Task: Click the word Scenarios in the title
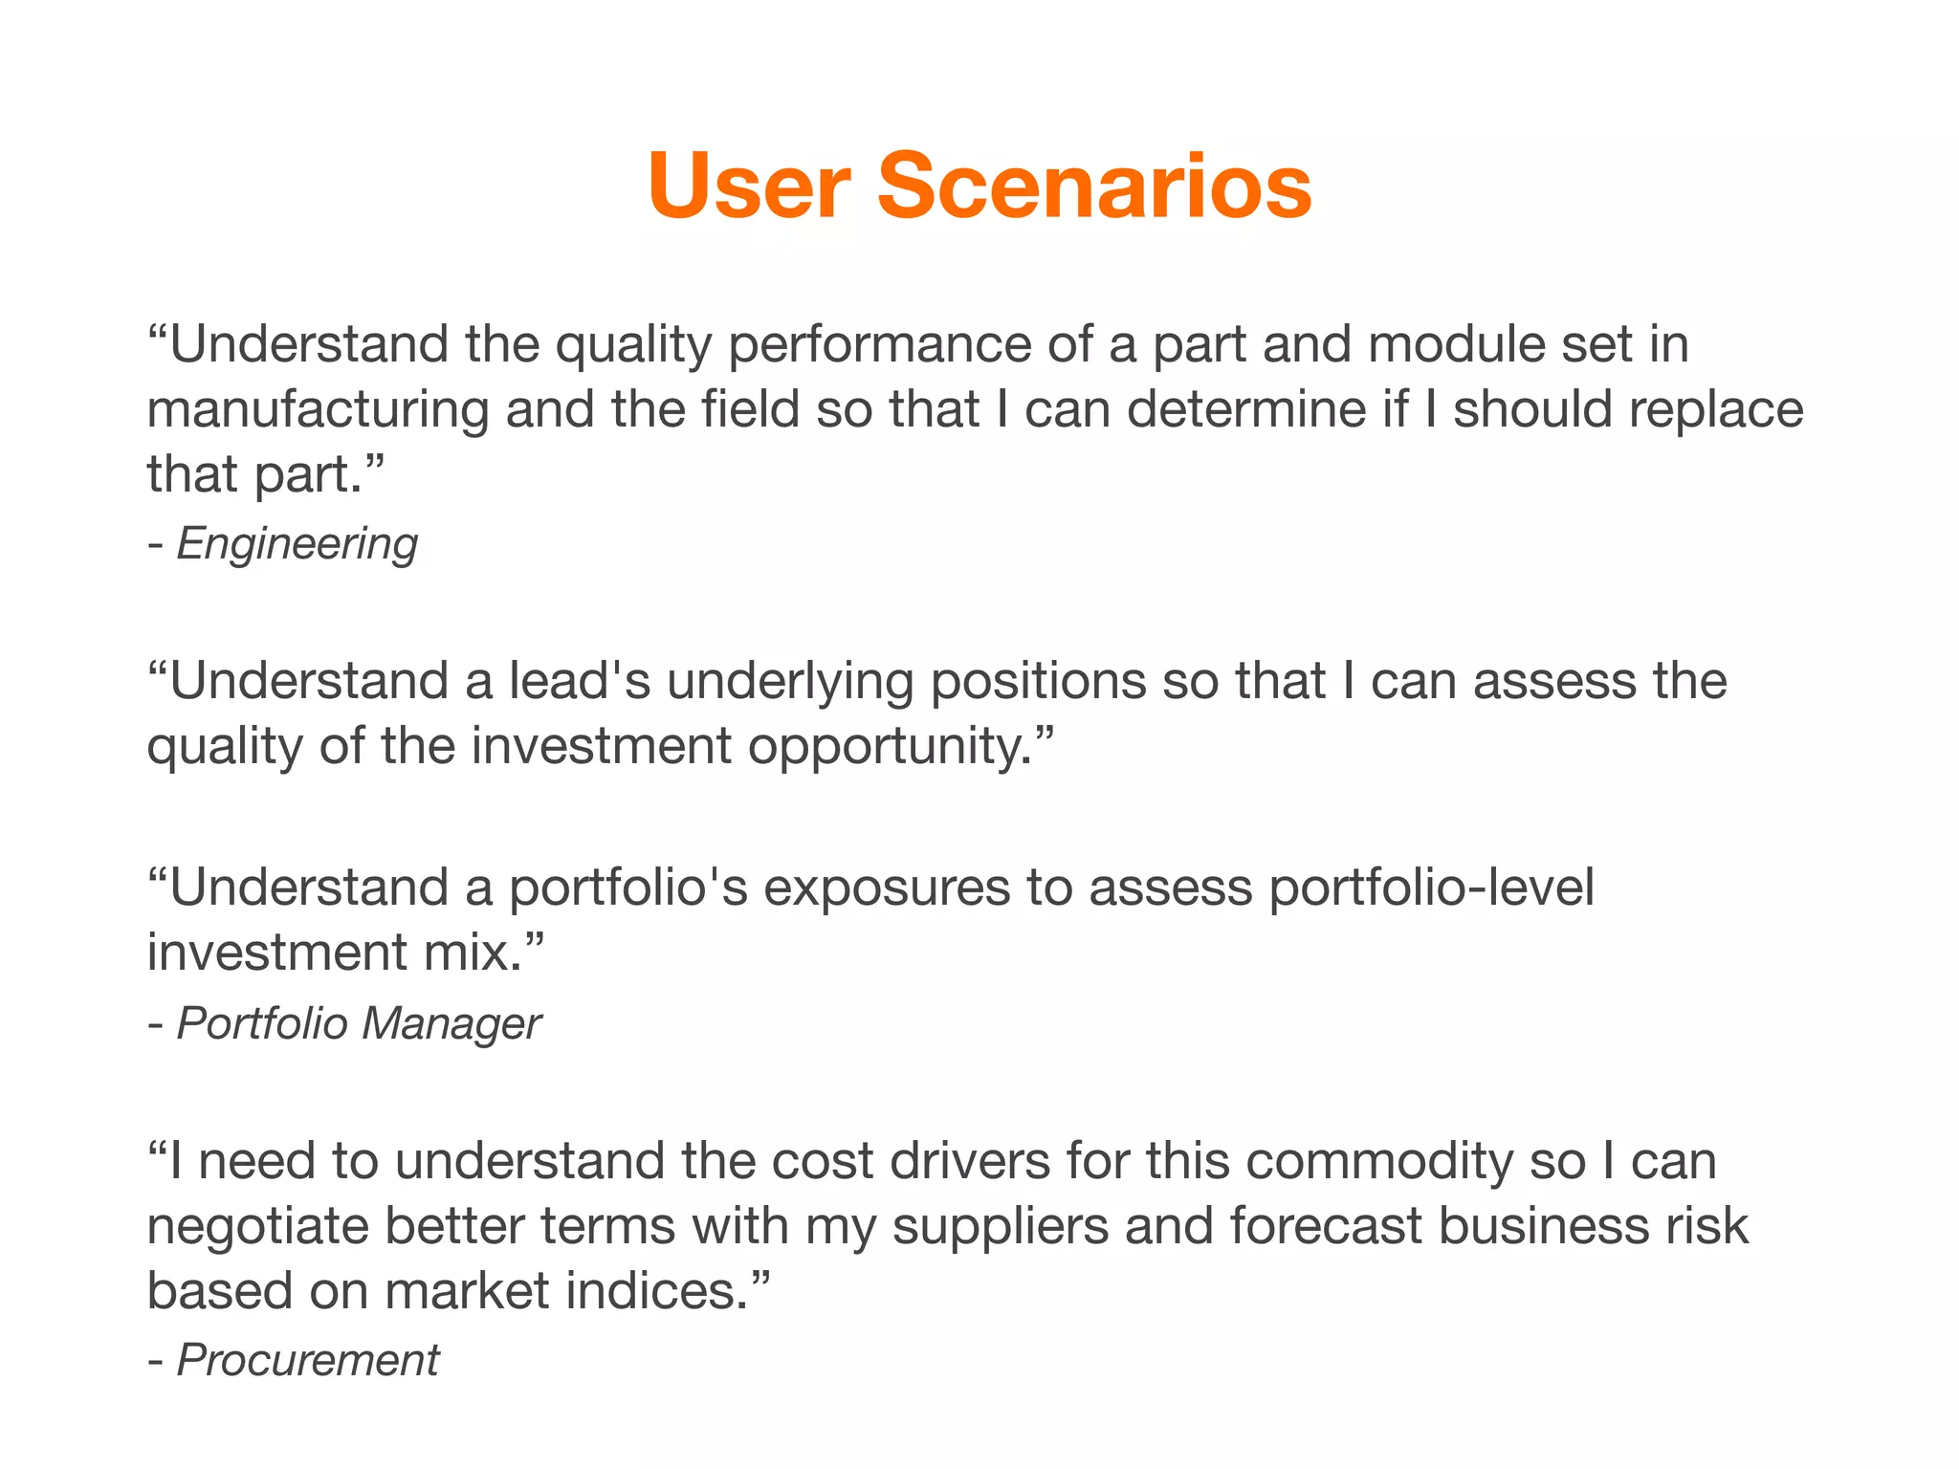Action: pos(1094,186)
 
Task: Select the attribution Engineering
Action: pos(297,544)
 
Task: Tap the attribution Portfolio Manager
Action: pos(359,1023)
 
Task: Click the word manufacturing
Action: pos(318,409)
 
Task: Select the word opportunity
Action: pos(890,747)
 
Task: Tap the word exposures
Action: pos(887,888)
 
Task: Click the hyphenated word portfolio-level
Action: pos(1431,888)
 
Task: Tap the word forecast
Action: pos(1326,1226)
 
